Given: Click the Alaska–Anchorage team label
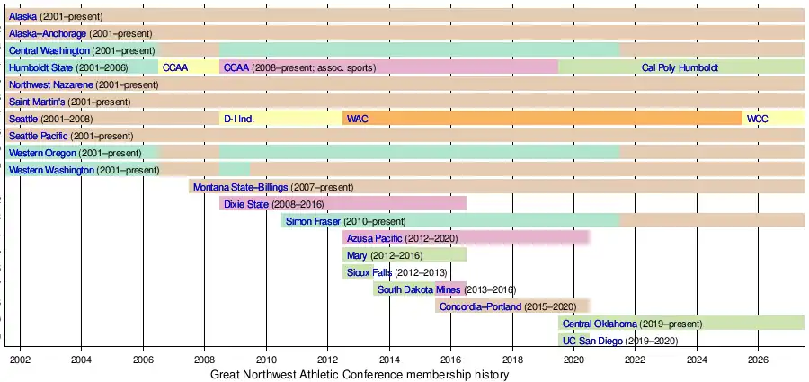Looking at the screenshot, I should coord(48,33).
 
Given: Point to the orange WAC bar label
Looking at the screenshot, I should coord(357,119).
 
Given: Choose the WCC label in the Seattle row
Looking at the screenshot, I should coord(757,119).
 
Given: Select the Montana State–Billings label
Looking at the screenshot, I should coord(240,187).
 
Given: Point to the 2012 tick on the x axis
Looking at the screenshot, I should coord(327,360).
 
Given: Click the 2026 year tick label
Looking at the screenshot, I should coord(757,360).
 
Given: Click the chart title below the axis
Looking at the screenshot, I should coord(360,374).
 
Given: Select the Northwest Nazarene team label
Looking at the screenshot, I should coord(50,84).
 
